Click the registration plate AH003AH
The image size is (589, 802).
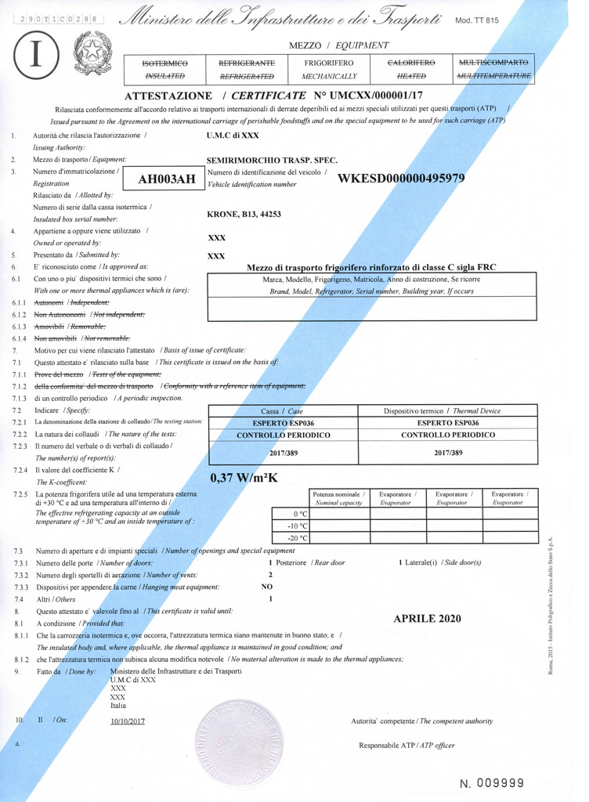tap(167, 179)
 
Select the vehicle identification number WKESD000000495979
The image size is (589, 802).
tap(401, 178)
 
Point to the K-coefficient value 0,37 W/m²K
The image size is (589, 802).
tap(244, 478)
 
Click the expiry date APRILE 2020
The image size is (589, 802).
tap(427, 619)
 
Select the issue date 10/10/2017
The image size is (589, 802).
tap(128, 721)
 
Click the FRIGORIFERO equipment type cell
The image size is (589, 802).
tap(329, 69)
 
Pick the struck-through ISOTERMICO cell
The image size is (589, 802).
tap(165, 69)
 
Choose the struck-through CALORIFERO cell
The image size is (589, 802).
tap(412, 69)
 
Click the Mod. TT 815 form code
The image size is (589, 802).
tap(476, 21)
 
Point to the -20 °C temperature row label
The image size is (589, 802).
tap(298, 538)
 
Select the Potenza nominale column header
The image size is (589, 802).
tap(338, 498)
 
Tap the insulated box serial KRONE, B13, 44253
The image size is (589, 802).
tap(244, 214)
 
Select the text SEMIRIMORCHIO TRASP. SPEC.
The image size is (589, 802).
tap(271, 160)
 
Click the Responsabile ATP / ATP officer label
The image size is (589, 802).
tap(407, 746)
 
